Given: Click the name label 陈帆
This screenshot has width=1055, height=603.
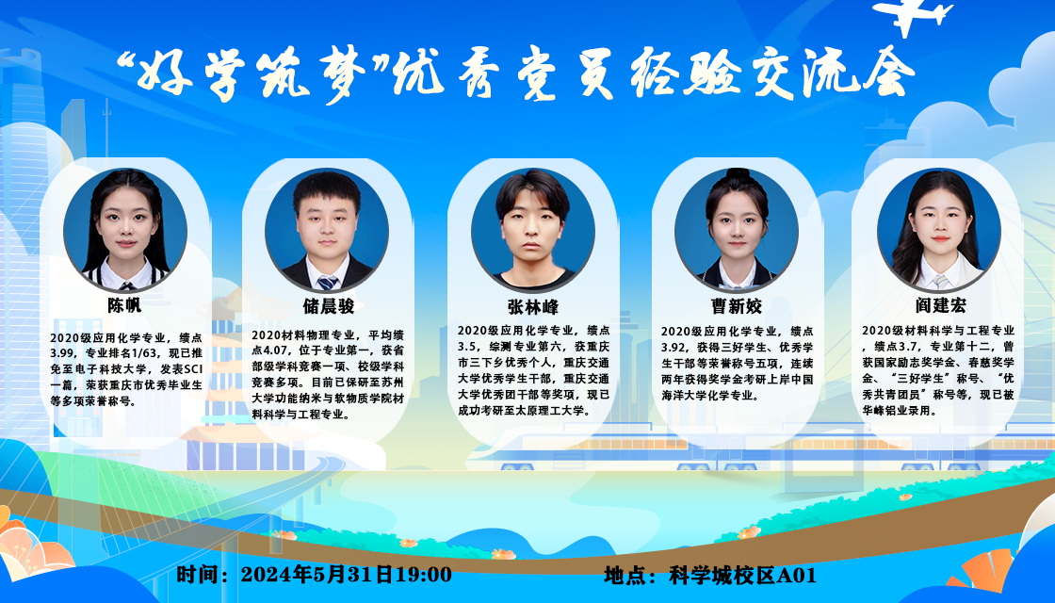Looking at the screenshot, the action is tap(124, 305).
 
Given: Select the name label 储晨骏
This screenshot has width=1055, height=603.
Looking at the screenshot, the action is tap(329, 306).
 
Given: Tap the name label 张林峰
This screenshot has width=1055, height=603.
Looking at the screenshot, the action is tap(533, 307).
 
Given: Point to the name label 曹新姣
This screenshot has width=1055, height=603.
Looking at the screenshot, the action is tap(737, 306).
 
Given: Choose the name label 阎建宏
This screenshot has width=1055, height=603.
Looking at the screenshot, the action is tap(941, 305).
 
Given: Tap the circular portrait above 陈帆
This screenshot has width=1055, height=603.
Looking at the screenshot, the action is tap(125, 230).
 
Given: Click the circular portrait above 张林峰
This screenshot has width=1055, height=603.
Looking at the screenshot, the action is tap(533, 230).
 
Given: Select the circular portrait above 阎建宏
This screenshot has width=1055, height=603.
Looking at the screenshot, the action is tap(939, 230).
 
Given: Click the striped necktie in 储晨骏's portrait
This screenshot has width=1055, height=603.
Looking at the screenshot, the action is tap(328, 282).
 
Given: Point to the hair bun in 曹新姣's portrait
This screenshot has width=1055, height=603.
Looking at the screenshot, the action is tap(738, 173).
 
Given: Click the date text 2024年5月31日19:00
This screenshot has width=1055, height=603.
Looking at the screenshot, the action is tap(346, 574).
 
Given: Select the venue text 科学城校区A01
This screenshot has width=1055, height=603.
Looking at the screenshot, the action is tap(743, 576).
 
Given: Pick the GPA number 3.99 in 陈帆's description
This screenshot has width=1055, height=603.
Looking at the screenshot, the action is tap(61, 353).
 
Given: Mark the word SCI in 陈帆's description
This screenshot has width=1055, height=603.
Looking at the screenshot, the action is tap(192, 369).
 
